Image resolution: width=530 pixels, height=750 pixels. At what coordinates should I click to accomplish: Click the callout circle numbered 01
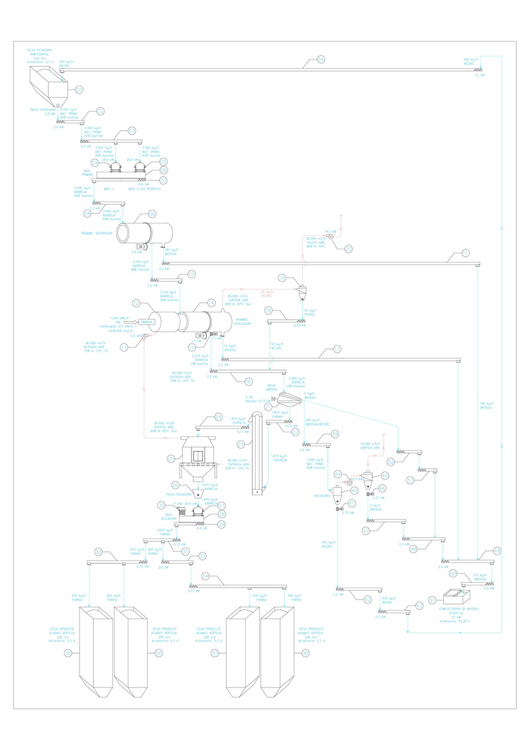[x=79, y=90]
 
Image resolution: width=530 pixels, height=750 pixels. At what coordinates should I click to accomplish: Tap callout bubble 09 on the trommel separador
[x=152, y=214]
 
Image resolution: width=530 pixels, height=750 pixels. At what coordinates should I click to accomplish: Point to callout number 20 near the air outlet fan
[x=348, y=249]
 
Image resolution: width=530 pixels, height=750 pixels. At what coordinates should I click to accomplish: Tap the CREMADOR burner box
[x=146, y=322]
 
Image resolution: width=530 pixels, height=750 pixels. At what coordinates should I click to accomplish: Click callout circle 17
[x=337, y=348]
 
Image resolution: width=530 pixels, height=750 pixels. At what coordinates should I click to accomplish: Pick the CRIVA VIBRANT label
[x=271, y=387]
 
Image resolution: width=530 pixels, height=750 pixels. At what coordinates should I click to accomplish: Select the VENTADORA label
[x=322, y=495]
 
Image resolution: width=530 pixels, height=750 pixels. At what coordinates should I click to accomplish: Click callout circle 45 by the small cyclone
[x=385, y=475]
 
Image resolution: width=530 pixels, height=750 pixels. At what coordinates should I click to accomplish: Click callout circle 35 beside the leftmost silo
[x=68, y=653]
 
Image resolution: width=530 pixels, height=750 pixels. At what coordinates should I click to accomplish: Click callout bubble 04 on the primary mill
[x=95, y=162]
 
